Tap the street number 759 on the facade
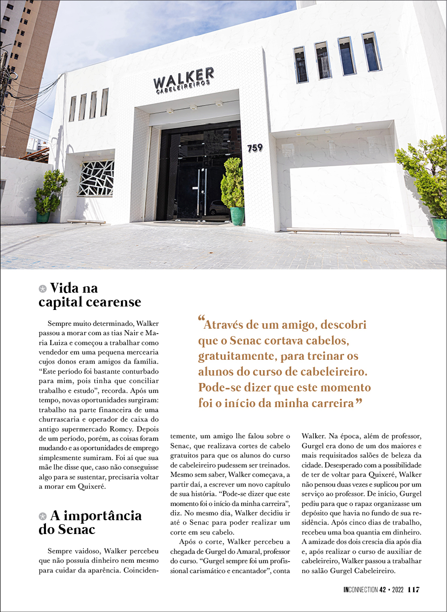pyautogui.click(x=255, y=148)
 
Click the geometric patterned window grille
pyautogui.click(x=96, y=178)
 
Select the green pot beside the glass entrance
pyautogui.click(x=237, y=216)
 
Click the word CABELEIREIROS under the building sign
pyautogui.click(x=184, y=88)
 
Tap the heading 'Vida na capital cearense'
pyautogui.click(x=89, y=295)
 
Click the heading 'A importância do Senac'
pyautogui.click(x=90, y=523)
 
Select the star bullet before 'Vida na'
pyautogui.click(x=43, y=288)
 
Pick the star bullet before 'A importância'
pyautogui.click(x=43, y=516)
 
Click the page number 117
pyautogui.click(x=413, y=590)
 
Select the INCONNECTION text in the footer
pyautogui.click(x=361, y=590)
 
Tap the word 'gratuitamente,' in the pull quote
pyautogui.click(x=234, y=356)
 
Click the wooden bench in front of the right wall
pyautogui.click(x=342, y=231)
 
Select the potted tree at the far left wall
pyautogui.click(x=49, y=195)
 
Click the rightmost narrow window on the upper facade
pyautogui.click(x=371, y=52)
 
